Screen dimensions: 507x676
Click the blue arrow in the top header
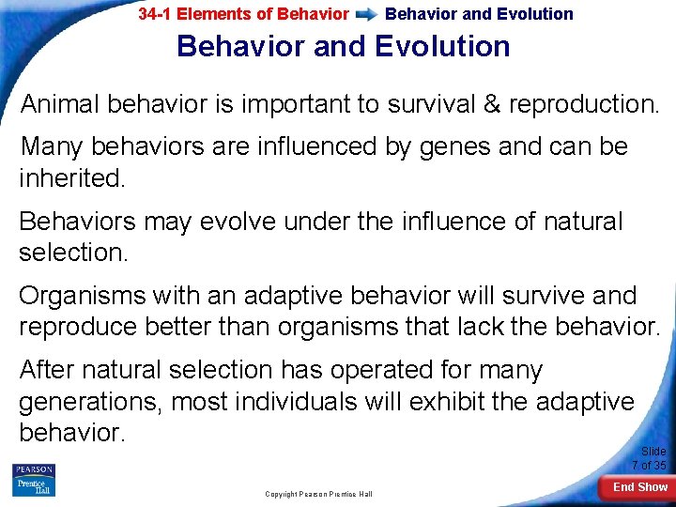pyautogui.click(x=367, y=15)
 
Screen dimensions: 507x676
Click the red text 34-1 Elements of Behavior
pyautogui.click(x=243, y=14)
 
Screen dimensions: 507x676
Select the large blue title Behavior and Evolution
pyautogui.click(x=343, y=46)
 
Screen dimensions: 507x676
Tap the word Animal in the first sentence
pyautogui.click(x=60, y=103)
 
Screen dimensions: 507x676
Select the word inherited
pyautogui.click(x=71, y=178)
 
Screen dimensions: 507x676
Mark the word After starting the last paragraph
pyautogui.click(x=51, y=370)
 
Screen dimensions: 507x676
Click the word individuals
pyautogui.click(x=296, y=402)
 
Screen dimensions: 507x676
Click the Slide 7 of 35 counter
pyautogui.click(x=650, y=458)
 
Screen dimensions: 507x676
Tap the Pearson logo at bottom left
pyautogui.click(x=34, y=480)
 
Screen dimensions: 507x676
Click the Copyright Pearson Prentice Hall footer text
pyautogui.click(x=318, y=494)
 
